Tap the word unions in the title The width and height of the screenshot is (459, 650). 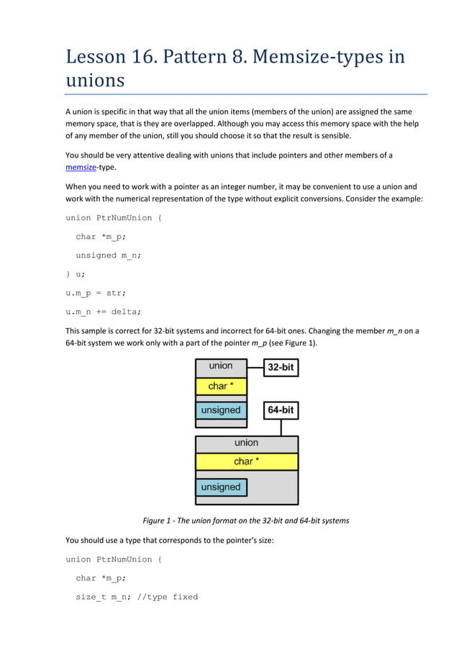[x=95, y=80]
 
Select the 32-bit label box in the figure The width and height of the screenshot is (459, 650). [x=281, y=367]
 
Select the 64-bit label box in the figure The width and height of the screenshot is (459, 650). [x=281, y=411]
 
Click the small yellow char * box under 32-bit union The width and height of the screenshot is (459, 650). [x=221, y=387]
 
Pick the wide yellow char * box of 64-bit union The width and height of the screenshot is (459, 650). [x=246, y=461]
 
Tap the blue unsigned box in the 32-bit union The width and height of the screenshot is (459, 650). [x=220, y=410]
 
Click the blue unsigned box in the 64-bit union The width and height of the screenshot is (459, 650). [x=220, y=487]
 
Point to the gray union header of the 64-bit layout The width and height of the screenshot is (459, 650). [x=246, y=443]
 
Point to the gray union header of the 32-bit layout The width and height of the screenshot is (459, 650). [x=221, y=366]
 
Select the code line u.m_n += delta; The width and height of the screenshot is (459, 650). [x=104, y=312]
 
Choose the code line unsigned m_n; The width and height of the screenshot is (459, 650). [x=108, y=256]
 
